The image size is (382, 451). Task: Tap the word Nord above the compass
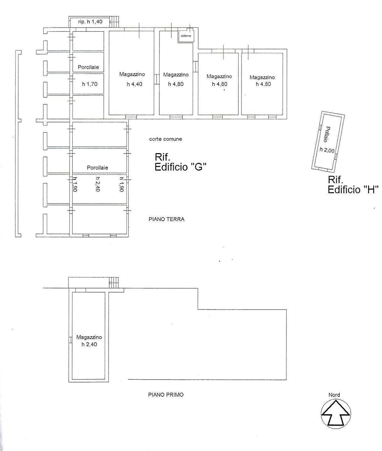point(334,395)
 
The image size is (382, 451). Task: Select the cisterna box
point(186,35)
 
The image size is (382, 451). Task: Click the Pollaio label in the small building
point(327,134)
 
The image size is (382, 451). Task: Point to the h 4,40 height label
point(135,84)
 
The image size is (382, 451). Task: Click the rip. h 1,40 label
point(90,22)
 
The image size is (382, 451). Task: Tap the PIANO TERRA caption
point(166,219)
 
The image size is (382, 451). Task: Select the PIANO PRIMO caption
point(166,395)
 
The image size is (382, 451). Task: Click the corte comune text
point(165,139)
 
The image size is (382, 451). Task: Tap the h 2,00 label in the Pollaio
point(327,150)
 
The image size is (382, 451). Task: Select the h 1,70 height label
point(90,84)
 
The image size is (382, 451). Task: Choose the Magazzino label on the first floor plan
point(89,337)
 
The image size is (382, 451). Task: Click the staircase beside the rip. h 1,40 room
point(115,22)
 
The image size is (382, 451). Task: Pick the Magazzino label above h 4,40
point(132,74)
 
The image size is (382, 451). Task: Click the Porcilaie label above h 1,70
point(88,67)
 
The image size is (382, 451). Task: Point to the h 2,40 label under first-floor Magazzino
point(89,345)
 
